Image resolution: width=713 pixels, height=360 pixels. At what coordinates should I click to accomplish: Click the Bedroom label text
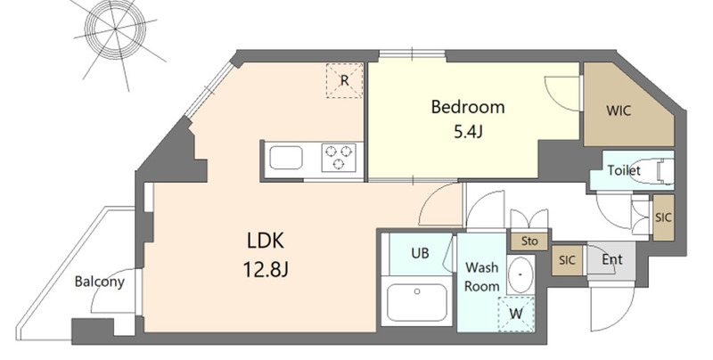(x=467, y=108)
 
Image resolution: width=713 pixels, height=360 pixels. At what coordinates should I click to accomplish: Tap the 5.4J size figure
(x=469, y=132)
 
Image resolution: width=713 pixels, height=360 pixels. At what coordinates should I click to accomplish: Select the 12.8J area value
(x=266, y=270)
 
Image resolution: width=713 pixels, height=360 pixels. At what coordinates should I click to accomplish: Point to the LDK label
(x=266, y=241)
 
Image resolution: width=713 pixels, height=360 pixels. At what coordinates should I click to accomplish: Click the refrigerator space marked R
(x=345, y=80)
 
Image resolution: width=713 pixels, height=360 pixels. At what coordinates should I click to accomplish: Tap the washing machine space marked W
(x=516, y=314)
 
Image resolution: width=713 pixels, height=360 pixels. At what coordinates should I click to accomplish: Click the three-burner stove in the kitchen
(x=339, y=157)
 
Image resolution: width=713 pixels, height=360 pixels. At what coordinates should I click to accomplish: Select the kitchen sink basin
(x=286, y=158)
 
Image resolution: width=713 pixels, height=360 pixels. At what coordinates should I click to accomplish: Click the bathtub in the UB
(x=417, y=302)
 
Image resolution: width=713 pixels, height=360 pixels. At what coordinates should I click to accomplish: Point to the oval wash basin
(x=520, y=275)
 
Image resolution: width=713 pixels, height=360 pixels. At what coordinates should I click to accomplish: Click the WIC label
(x=619, y=110)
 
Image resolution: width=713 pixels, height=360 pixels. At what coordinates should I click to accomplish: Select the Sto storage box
(x=529, y=241)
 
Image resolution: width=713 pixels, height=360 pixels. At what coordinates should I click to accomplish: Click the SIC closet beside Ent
(x=567, y=260)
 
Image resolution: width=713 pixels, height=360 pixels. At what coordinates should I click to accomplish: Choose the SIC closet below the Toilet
(x=663, y=217)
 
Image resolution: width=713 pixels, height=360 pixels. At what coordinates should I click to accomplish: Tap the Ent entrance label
(x=612, y=259)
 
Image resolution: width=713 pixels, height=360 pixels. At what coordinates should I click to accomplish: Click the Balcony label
(x=100, y=282)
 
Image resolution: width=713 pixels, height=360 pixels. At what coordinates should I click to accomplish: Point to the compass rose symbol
(x=116, y=29)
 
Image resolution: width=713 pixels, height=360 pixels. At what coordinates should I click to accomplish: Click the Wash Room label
(x=482, y=277)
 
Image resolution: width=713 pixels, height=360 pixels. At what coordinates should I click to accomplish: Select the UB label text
(x=420, y=253)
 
